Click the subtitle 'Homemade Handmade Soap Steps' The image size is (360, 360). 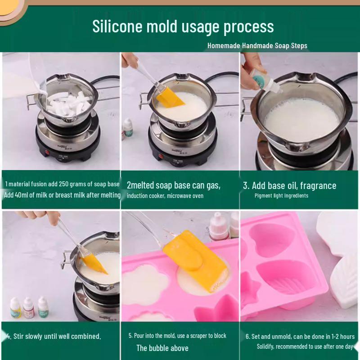tap(257, 45)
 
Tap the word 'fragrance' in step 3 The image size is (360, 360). tap(318, 185)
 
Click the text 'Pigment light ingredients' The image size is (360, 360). tap(281, 196)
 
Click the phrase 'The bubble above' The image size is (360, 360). tap(162, 348)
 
